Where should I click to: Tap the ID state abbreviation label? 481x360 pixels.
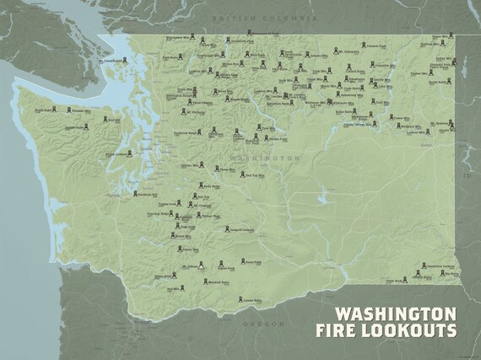(466, 179)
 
